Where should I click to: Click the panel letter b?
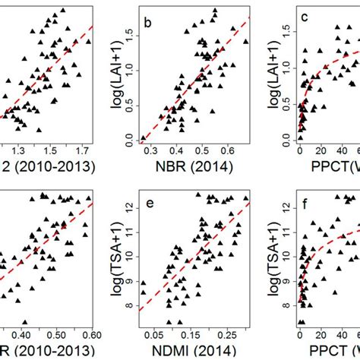[x=148, y=23]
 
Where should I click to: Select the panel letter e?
[x=148, y=203]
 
